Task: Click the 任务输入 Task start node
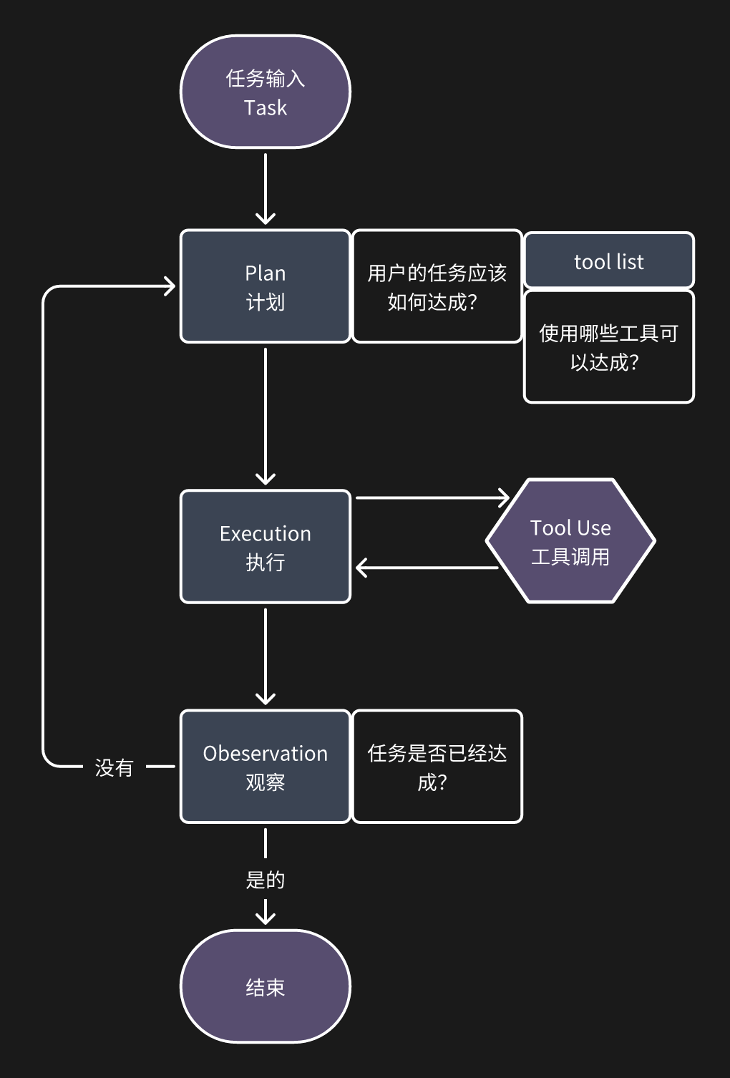[265, 92]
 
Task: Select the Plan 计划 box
[265, 286]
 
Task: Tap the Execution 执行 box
[265, 547]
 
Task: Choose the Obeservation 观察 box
[265, 767]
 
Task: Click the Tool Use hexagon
[570, 541]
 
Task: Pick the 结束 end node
[265, 986]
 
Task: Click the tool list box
[608, 261]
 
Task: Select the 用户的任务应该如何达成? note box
[437, 286]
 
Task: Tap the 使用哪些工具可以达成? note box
[608, 347]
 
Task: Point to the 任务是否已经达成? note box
[437, 767]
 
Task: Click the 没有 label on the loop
[114, 768]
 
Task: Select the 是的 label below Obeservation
[265, 880]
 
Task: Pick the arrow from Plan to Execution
[265, 415]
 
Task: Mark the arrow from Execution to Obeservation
[265, 655]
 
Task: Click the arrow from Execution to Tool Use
[429, 497]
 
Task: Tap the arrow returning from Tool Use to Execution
[429, 568]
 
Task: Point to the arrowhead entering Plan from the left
[169, 286]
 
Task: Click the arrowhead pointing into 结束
[265, 916]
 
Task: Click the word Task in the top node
[265, 108]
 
